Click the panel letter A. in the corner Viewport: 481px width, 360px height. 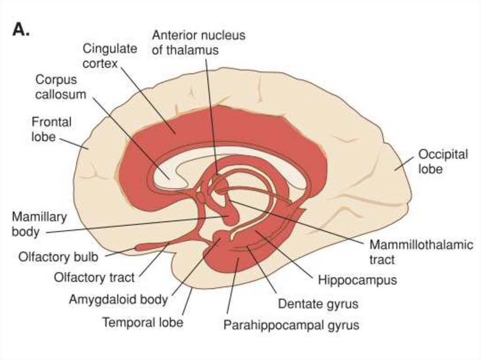tap(21, 30)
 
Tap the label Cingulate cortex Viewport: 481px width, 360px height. tap(110, 56)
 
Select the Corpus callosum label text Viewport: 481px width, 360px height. tap(61, 87)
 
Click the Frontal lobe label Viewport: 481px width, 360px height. tap(51, 129)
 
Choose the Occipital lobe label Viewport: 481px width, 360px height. tap(442, 161)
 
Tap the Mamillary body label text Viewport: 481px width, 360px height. tap(39, 224)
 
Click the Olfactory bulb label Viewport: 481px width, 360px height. tap(58, 257)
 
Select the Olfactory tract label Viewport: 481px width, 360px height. tap(94, 277)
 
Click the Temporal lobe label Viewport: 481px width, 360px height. tap(142, 322)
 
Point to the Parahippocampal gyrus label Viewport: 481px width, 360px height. tap(291, 325)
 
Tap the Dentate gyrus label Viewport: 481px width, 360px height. tap(318, 304)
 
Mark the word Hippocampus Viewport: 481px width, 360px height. tap(357, 280)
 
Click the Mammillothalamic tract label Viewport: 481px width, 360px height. tap(421, 252)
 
